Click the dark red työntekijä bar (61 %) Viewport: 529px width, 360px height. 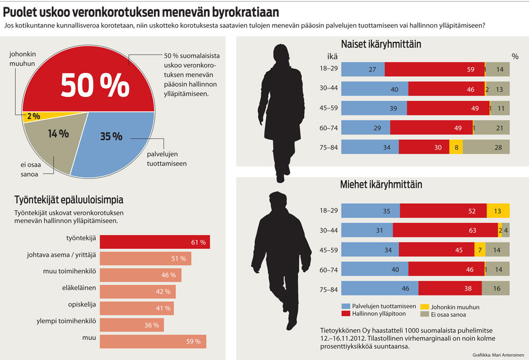(154, 242)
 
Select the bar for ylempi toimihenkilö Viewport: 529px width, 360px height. (132, 325)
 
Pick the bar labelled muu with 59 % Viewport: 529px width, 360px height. (153, 341)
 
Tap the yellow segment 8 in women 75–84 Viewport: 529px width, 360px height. (456, 147)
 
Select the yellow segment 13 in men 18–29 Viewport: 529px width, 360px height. (498, 211)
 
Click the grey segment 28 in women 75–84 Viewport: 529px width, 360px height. (486, 147)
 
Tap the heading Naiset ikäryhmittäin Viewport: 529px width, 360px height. (380, 44)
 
